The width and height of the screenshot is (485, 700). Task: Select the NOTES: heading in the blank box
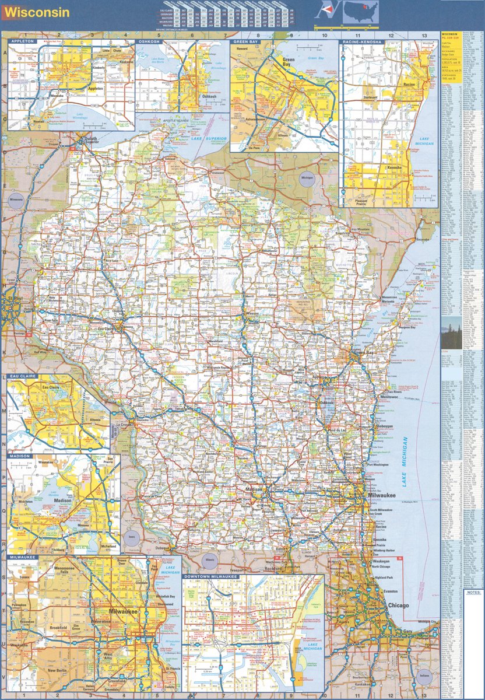coord(473,592)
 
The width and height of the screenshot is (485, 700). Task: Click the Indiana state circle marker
coord(427,678)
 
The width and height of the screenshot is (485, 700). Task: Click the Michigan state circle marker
coord(307,177)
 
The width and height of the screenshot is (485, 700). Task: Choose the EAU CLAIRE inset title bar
coord(22,377)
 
